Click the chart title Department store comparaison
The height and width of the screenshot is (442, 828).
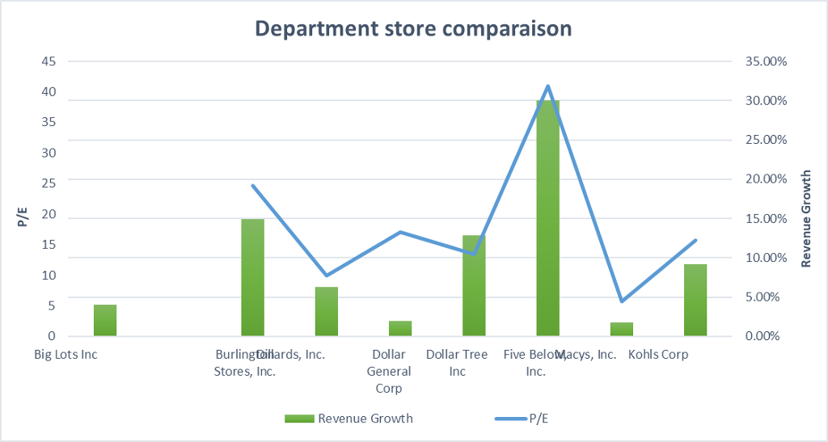(x=413, y=29)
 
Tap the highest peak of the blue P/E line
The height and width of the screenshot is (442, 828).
(x=547, y=86)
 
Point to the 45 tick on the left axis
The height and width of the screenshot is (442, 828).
(x=49, y=61)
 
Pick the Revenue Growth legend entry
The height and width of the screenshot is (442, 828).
(x=349, y=418)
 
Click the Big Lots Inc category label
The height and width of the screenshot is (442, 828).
(x=65, y=355)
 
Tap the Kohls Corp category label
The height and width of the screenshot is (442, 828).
(x=658, y=355)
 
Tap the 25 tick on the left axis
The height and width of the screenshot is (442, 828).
(x=49, y=183)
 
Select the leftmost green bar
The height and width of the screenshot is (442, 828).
(x=105, y=320)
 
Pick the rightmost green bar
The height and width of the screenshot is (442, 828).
(x=695, y=300)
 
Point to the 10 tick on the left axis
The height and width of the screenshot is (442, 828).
(x=49, y=275)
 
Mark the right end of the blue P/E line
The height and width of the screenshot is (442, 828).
(x=695, y=240)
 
